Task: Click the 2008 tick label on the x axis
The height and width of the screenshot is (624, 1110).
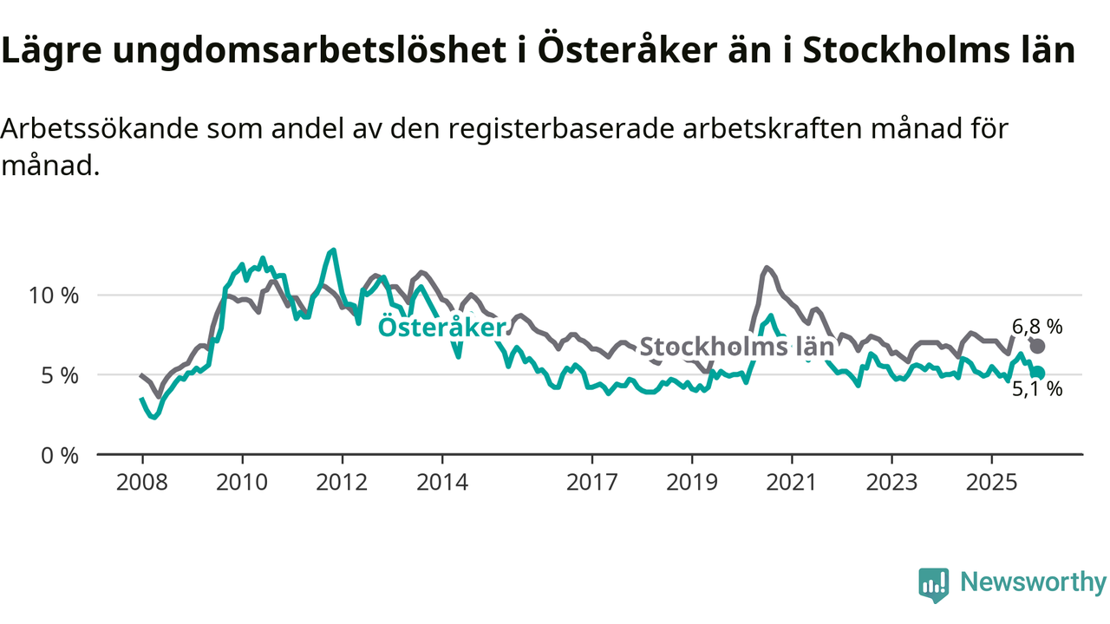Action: pos(142,482)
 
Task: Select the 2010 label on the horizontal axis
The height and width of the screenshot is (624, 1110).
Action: pos(242,482)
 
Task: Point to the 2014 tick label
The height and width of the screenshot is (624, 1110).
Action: pos(442,482)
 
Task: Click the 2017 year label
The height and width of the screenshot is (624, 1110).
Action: pos(592,482)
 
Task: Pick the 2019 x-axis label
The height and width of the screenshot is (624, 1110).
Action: pos(692,482)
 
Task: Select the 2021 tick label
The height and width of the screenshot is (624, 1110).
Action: pos(792,482)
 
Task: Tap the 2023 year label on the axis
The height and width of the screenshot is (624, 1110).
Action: pos(891,482)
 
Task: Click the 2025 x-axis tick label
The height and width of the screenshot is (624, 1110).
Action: pos(992,482)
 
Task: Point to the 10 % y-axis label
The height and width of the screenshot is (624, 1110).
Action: pos(55,296)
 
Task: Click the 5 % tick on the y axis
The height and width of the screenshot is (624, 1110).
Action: pos(61,375)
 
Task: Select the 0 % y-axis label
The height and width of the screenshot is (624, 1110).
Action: pos(61,455)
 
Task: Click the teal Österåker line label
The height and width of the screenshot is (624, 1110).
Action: pos(441,328)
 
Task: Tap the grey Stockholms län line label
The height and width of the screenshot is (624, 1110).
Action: pos(736,348)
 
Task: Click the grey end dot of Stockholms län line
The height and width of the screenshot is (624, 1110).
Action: pos(1037,346)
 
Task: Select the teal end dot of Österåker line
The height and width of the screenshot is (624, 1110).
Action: pos(1038,373)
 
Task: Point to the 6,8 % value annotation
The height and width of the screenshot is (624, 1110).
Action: pos(1037,327)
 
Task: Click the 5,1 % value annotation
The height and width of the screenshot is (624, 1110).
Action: pos(1037,390)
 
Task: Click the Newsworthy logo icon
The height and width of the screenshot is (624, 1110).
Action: pos(933,585)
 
